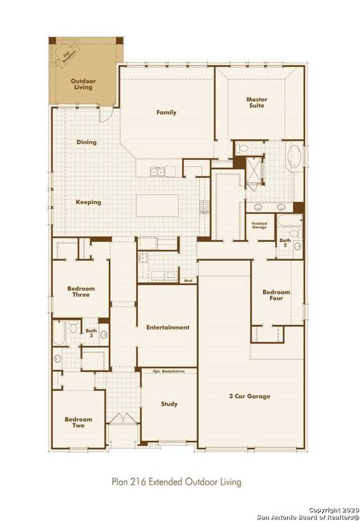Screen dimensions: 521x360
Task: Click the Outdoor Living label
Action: click(x=83, y=84)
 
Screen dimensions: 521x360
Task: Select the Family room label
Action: click(x=166, y=113)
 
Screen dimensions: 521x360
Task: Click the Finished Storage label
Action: click(x=260, y=226)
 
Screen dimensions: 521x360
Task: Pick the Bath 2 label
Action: click(x=285, y=243)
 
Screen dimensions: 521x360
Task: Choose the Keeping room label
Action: click(x=89, y=202)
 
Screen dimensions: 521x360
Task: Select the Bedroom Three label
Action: click(x=81, y=292)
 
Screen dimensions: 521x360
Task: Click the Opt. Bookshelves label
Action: click(x=168, y=370)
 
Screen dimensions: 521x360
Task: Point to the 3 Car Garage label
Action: click(x=250, y=396)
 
